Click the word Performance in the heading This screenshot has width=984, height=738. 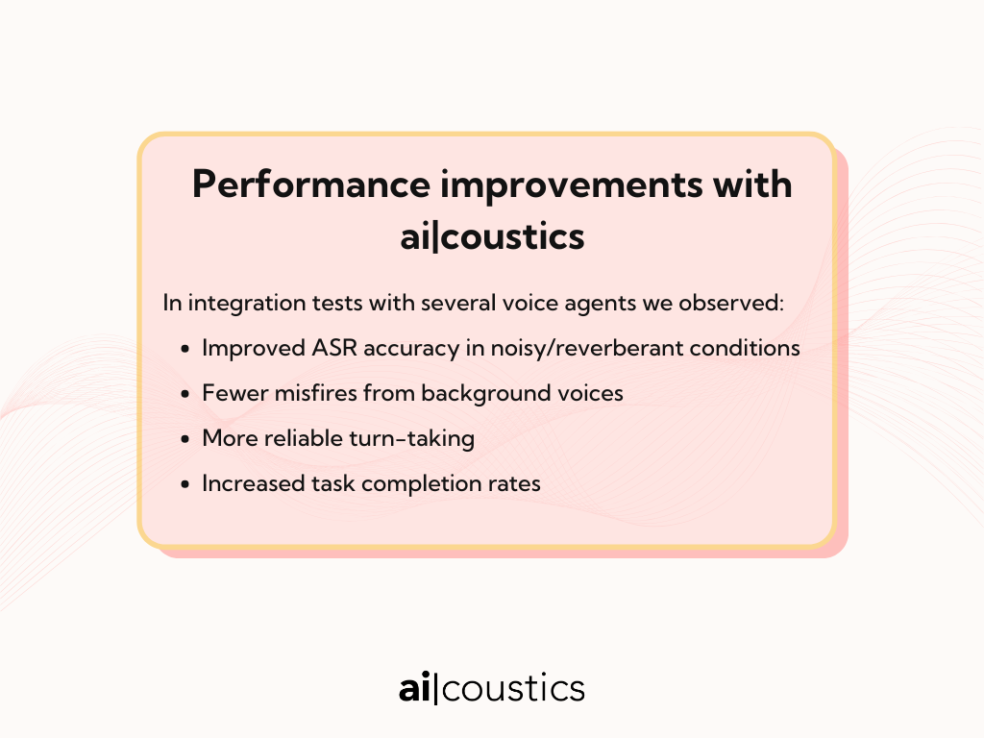(311, 185)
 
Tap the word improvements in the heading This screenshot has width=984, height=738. (572, 186)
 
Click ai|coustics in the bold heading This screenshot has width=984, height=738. (493, 236)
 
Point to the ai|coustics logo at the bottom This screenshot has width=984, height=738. (492, 688)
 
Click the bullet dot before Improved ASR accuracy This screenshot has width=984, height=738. (184, 349)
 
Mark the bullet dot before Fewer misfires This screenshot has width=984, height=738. (184, 394)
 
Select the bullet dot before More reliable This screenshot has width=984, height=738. (184, 439)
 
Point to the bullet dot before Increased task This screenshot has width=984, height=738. (184, 484)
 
